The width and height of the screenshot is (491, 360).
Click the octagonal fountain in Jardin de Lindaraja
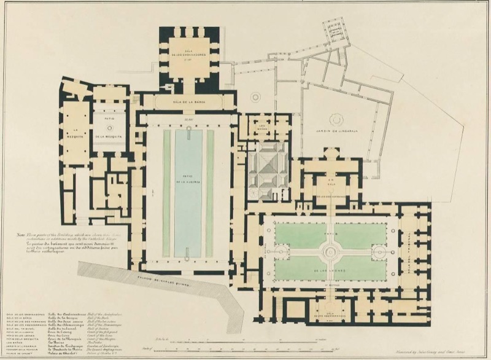[336, 120]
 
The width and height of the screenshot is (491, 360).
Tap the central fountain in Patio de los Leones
[330, 251]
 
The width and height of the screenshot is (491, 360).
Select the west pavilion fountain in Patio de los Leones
[282, 251]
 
